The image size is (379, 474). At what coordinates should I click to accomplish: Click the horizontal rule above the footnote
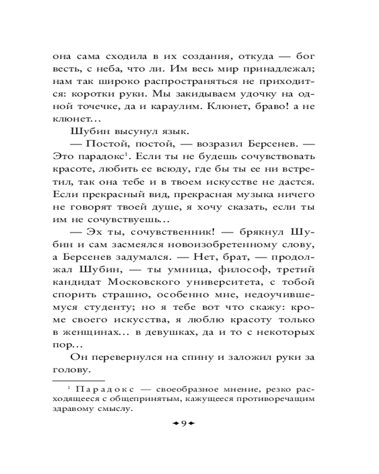point(78,380)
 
